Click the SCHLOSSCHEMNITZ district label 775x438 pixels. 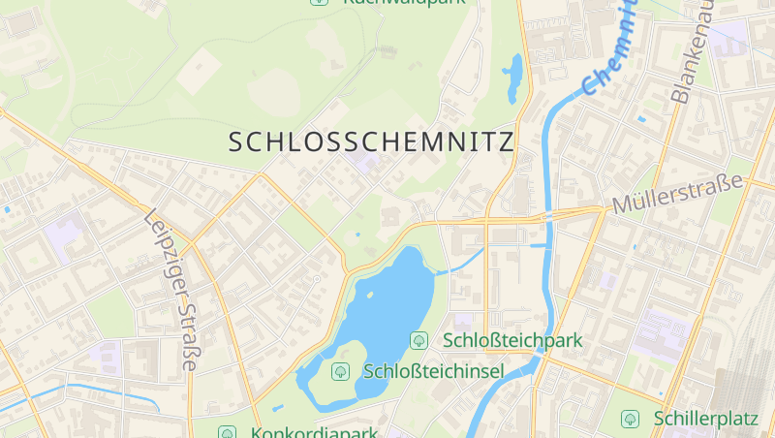click(371, 142)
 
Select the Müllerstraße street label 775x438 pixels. click(677, 193)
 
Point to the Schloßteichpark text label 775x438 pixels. click(512, 340)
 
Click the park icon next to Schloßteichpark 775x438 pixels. click(419, 340)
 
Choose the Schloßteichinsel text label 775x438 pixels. click(433, 371)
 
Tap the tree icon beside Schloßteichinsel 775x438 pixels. click(340, 371)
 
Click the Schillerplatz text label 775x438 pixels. click(704, 419)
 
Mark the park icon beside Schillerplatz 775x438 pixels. click(630, 419)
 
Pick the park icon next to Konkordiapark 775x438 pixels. click(227, 432)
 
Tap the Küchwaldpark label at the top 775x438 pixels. click(403, 3)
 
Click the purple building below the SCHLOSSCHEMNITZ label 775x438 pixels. click(365, 161)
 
